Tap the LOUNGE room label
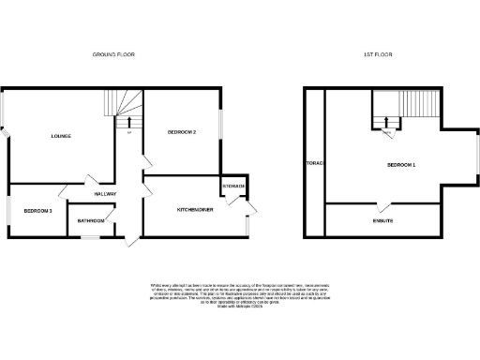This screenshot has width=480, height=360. click(x=62, y=137)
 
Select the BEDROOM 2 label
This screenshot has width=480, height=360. click(x=181, y=131)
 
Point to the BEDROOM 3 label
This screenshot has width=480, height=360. click(x=38, y=211)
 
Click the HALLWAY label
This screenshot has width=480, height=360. click(x=105, y=194)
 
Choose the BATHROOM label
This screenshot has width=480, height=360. click(x=91, y=221)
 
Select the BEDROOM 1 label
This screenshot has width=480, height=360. click(x=401, y=165)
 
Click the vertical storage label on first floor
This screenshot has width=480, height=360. click(x=314, y=164)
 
